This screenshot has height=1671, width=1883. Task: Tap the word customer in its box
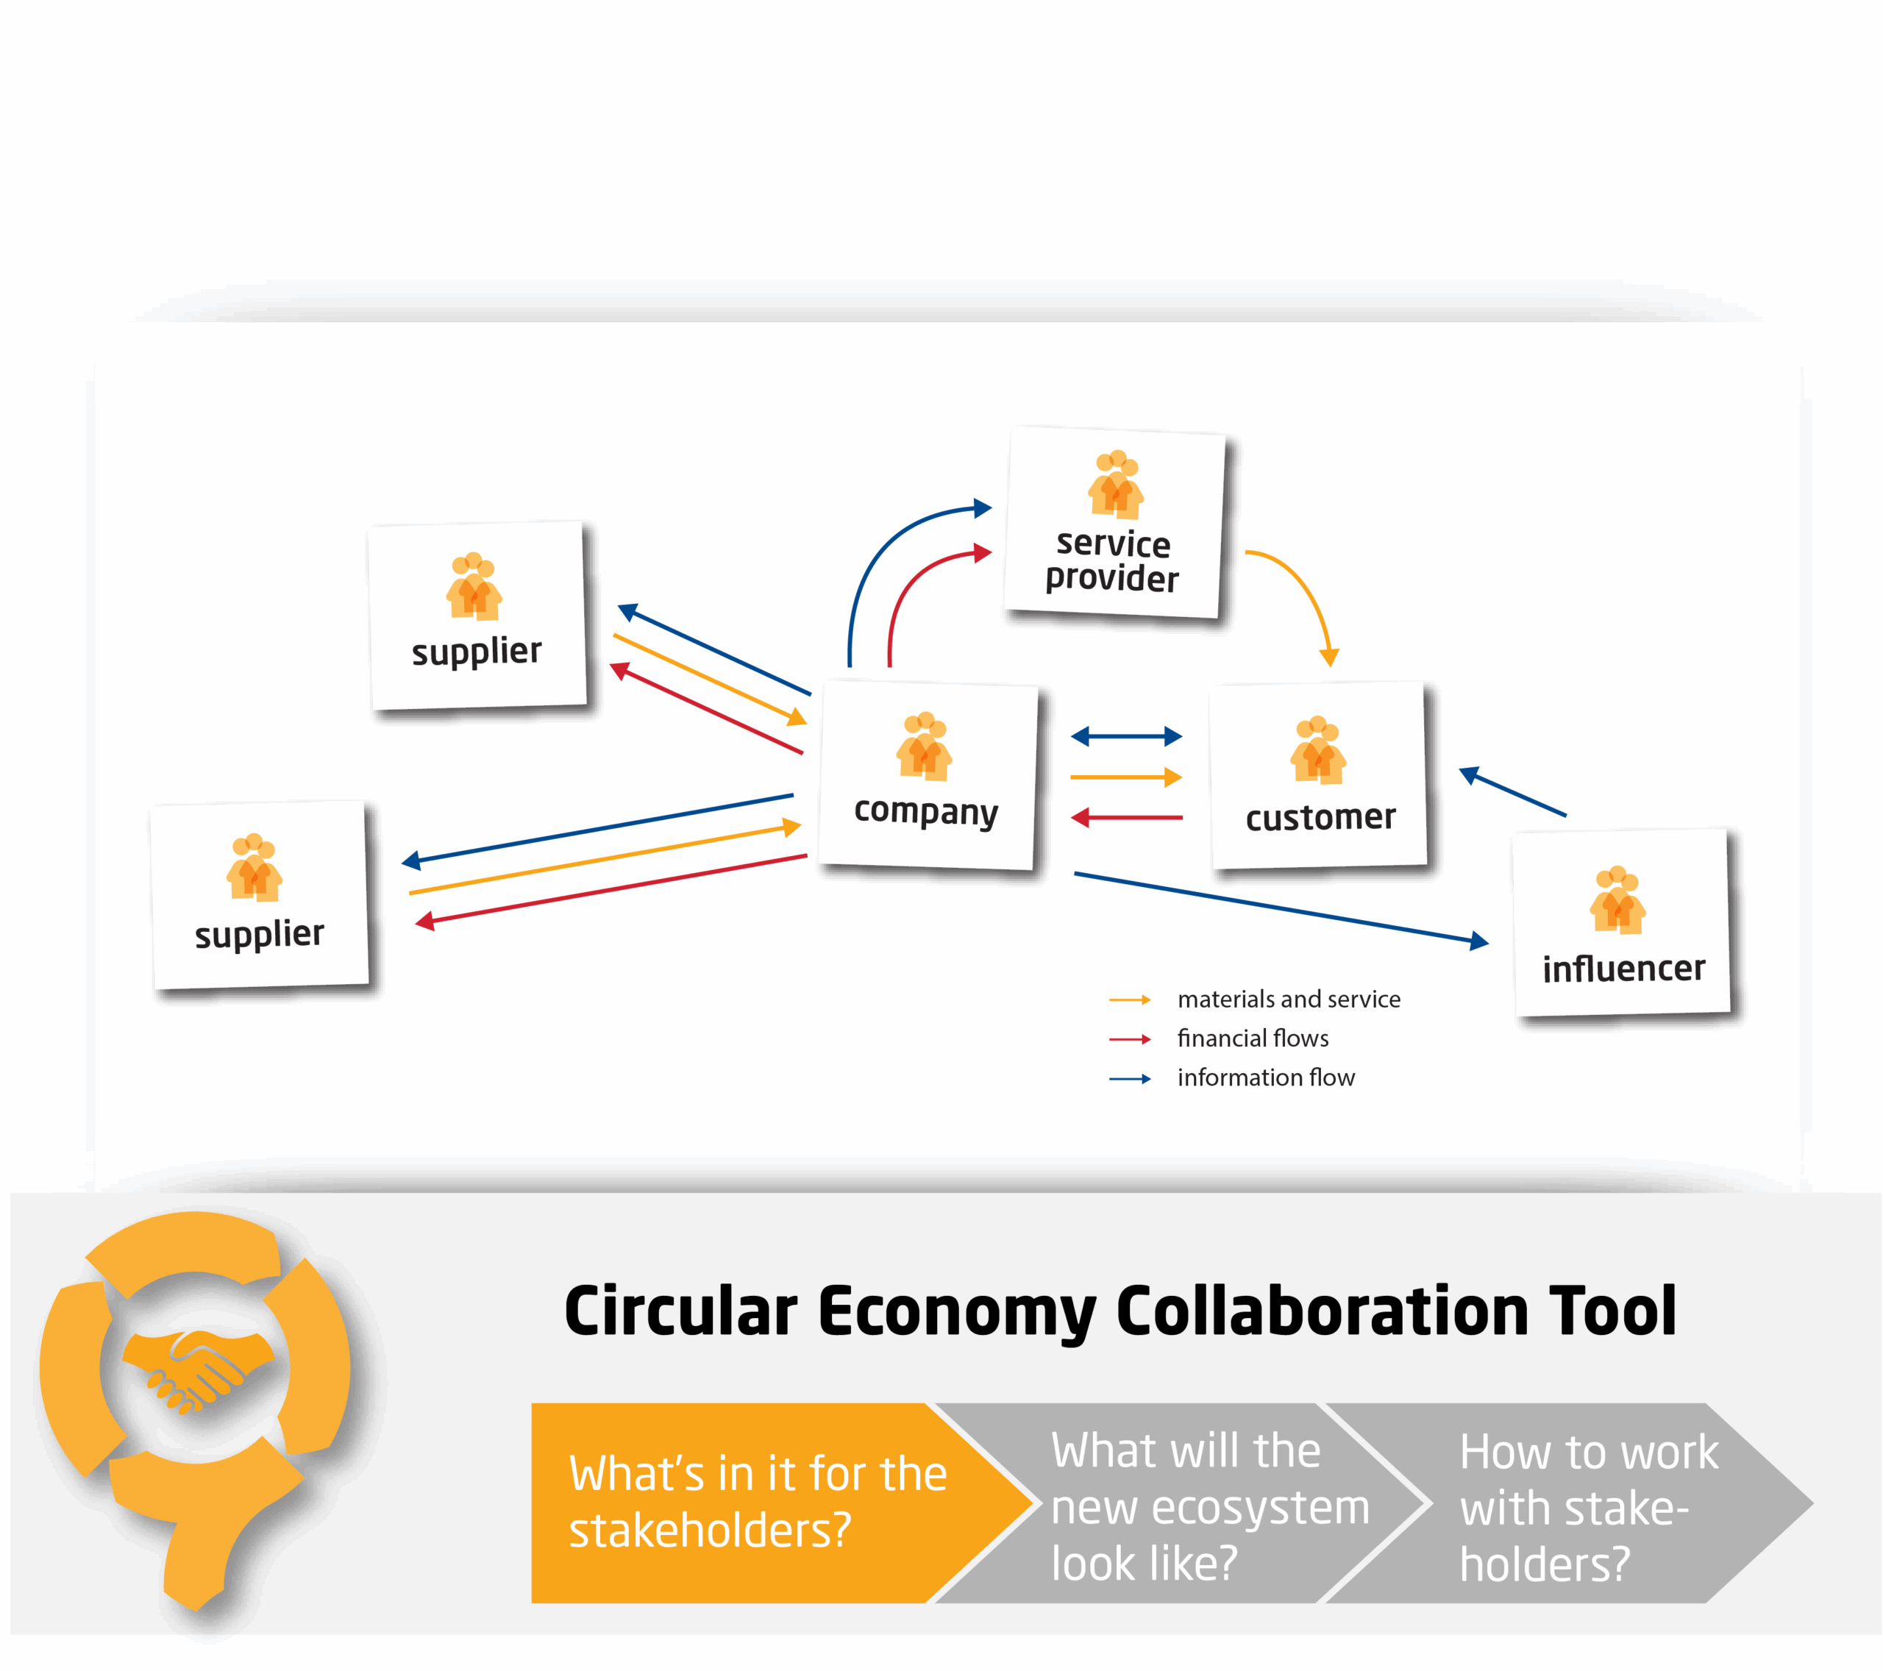[1320, 817]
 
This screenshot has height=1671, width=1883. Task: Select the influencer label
[1623, 968]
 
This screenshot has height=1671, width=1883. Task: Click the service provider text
[1112, 561]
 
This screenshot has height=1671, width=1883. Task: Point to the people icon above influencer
[1617, 900]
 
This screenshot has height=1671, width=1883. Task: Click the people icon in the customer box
[1317, 750]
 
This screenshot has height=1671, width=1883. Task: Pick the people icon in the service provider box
[1116, 485]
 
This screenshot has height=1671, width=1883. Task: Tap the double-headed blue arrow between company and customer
[1125, 736]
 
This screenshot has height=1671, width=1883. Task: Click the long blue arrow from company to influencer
[1281, 908]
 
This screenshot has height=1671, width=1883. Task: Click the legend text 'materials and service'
[1288, 1000]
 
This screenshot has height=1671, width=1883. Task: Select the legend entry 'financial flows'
[1252, 1039]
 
